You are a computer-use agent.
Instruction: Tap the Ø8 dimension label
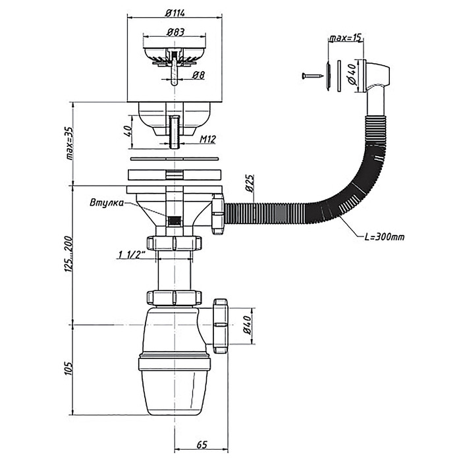click(x=196, y=74)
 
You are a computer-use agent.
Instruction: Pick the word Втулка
click(x=105, y=203)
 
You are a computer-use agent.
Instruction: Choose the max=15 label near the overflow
click(x=346, y=38)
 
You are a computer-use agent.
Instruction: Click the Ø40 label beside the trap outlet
click(x=248, y=325)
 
